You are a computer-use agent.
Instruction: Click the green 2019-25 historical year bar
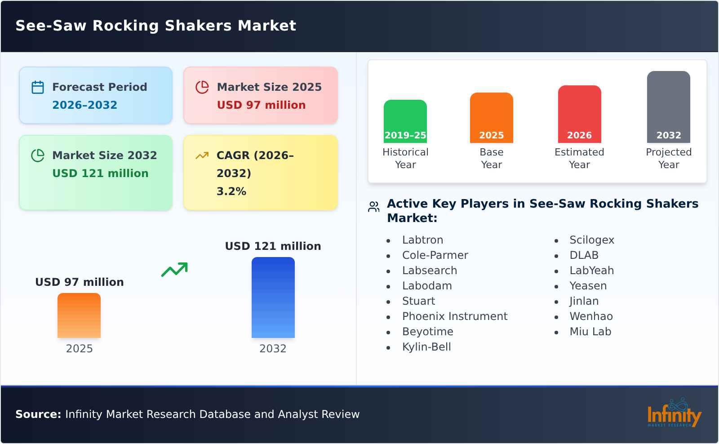click(405, 121)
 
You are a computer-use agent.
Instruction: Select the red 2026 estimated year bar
click(579, 114)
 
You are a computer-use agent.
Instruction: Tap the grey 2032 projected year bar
click(668, 107)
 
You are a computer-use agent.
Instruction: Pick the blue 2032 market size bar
click(273, 297)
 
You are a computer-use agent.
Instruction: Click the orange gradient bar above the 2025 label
click(79, 315)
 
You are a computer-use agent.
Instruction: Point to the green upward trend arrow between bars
click(174, 270)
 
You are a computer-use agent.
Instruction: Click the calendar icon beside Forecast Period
click(38, 87)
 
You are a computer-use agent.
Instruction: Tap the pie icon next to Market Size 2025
click(202, 87)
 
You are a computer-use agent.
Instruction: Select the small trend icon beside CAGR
click(202, 155)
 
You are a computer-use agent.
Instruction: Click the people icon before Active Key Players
click(373, 207)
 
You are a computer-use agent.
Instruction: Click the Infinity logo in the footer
click(674, 413)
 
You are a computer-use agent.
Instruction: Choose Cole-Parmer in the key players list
click(435, 255)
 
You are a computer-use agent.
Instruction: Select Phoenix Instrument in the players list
click(455, 316)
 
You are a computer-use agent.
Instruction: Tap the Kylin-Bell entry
click(426, 347)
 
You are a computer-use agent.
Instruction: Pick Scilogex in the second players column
click(591, 240)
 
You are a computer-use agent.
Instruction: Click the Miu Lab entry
click(590, 332)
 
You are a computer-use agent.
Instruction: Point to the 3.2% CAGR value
click(231, 191)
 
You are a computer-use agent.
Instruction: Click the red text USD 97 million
click(261, 105)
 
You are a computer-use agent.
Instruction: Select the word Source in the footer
click(38, 414)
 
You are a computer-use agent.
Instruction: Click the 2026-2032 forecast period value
click(85, 105)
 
